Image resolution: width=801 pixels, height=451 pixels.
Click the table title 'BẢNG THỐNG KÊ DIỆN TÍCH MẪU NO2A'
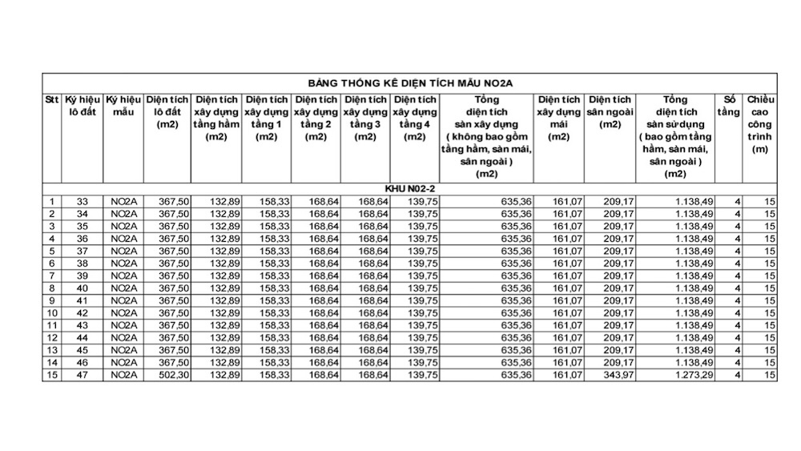409,83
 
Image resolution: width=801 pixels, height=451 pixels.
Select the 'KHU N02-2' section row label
409,188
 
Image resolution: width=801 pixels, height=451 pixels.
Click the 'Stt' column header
52,99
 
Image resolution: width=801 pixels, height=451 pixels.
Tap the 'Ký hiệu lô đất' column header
83,106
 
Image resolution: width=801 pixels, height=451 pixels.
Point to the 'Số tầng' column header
728,106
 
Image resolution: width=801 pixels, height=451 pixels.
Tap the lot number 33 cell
82,201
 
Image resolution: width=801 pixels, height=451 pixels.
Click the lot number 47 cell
82,375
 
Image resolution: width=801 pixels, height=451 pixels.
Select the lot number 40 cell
82,288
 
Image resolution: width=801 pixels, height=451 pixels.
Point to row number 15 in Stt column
52,375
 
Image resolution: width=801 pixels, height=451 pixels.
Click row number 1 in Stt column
52,201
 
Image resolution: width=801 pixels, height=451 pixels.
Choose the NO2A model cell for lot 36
123,238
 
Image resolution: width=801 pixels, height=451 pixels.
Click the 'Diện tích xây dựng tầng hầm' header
216,118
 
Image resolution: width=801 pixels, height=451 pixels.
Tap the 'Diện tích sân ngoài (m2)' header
610,112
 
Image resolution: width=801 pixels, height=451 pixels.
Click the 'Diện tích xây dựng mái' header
559,118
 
